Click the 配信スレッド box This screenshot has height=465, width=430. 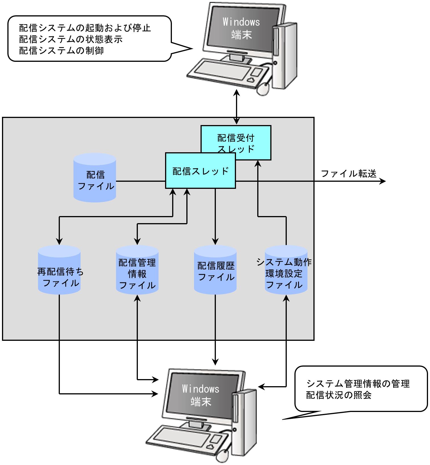click(201, 171)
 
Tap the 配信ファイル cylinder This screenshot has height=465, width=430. click(95, 178)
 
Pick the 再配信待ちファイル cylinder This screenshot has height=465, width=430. click(59, 270)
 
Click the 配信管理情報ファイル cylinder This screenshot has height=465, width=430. click(137, 270)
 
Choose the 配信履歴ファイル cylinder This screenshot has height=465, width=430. click(215, 270)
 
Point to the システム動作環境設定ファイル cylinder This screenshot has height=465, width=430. click(286, 270)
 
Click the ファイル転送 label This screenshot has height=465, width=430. click(349, 173)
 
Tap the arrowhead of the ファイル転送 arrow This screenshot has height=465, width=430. click(383, 181)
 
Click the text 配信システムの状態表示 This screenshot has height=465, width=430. click(71, 39)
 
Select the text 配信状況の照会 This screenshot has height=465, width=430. click(339, 395)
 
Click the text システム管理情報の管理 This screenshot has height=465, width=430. click(358, 384)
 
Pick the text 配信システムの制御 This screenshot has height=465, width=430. click(61, 50)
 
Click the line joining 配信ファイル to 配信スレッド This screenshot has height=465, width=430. click(141, 181)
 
